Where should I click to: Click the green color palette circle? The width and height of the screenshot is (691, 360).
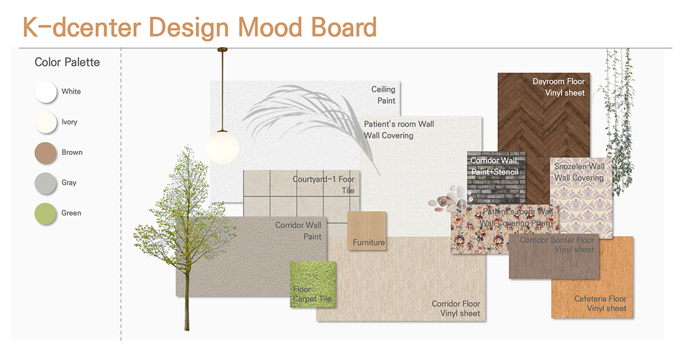[x=45, y=214]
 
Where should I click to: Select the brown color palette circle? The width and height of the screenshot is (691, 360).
[x=45, y=153]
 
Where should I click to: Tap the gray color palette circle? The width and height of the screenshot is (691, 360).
[x=45, y=183]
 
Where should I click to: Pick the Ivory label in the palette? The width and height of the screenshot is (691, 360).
[x=69, y=122]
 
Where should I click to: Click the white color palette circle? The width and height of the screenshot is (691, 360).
[x=45, y=92]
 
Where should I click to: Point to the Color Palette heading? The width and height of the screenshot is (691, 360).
[x=67, y=62]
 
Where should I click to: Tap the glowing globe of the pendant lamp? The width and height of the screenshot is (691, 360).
[x=222, y=147]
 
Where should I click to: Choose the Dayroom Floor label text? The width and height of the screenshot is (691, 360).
[x=558, y=82]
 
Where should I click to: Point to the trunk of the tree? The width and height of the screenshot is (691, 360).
[x=186, y=288]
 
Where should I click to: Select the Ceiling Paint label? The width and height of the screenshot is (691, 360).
[x=383, y=95]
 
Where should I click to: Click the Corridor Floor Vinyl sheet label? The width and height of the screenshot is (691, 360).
[x=455, y=309]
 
